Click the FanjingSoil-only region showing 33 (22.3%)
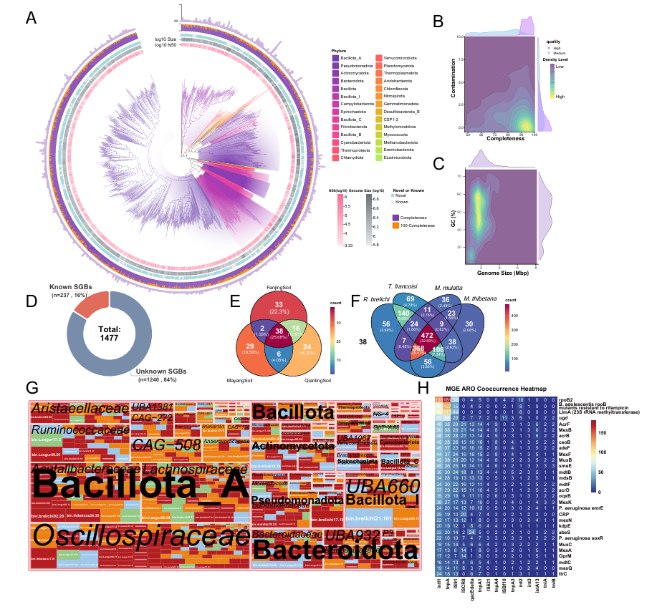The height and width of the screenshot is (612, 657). click(279, 308)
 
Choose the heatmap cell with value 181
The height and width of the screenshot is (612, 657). click(449, 399)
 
